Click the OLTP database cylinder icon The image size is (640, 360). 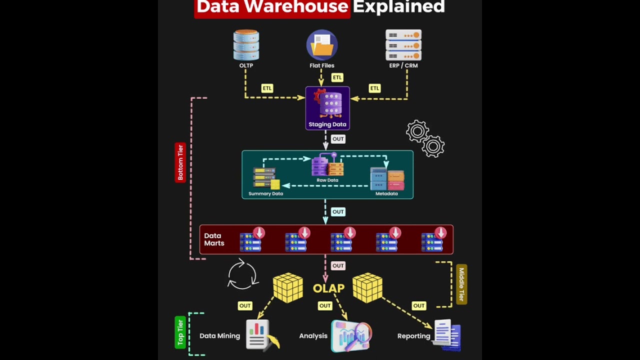pyautogui.click(x=246, y=45)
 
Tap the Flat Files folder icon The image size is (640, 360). pyautogui.click(x=322, y=45)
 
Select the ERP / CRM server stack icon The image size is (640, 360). pyautogui.click(x=403, y=45)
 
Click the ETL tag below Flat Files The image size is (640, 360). pyautogui.click(x=337, y=77)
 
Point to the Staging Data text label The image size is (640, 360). pyautogui.click(x=327, y=124)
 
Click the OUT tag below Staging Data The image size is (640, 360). pyautogui.click(x=338, y=139)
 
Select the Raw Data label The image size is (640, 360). pyautogui.click(x=327, y=180)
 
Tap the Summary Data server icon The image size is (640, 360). pyautogui.click(x=266, y=177)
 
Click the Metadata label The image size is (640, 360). pyautogui.click(x=386, y=193)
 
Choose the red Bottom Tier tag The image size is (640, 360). pyautogui.click(x=180, y=162)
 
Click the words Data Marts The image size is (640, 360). pyautogui.click(x=214, y=239)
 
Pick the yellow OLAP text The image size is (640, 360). pyautogui.click(x=328, y=288)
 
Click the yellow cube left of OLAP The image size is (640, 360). pyautogui.click(x=288, y=287)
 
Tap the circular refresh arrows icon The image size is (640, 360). pyautogui.click(x=243, y=274)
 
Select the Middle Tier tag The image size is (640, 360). pyautogui.click(x=461, y=284)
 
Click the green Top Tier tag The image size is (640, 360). pyautogui.click(x=180, y=332)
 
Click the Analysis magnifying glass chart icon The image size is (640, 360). pyautogui.click(x=351, y=335)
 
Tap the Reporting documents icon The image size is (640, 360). pyautogui.click(x=446, y=335)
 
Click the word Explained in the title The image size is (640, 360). pyautogui.click(x=398, y=6)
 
